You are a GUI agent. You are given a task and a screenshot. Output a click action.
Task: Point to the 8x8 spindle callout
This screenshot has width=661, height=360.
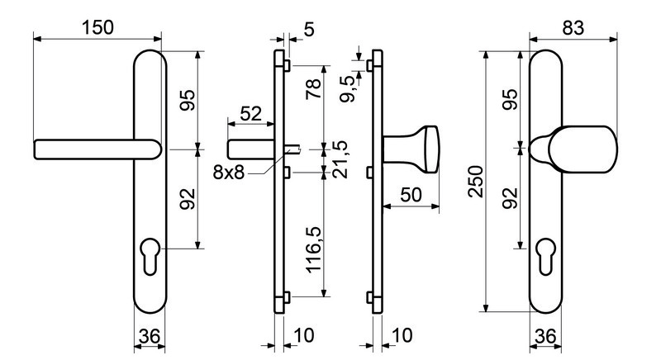point(228,173)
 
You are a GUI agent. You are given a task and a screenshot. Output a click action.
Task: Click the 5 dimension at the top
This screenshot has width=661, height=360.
point(309,31)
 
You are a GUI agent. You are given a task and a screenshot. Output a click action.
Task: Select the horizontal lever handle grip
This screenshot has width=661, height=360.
point(91,149)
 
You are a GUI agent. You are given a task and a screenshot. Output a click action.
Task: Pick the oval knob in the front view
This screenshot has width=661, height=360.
point(578,149)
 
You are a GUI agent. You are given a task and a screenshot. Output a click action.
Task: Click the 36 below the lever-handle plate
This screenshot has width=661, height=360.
point(149,337)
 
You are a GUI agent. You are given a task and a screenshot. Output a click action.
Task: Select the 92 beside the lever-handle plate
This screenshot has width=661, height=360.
point(187,199)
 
